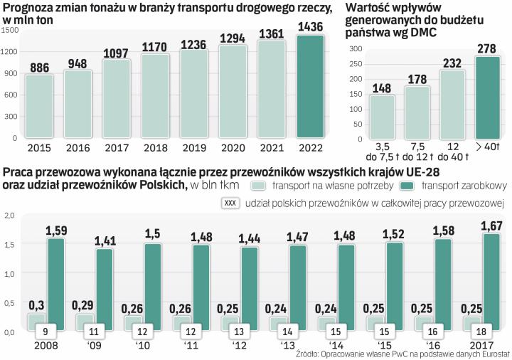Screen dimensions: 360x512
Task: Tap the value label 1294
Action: (x=233, y=38)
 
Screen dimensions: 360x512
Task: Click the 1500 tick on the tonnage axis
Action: (x=11, y=31)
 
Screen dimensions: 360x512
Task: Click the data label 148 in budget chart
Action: (x=381, y=88)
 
